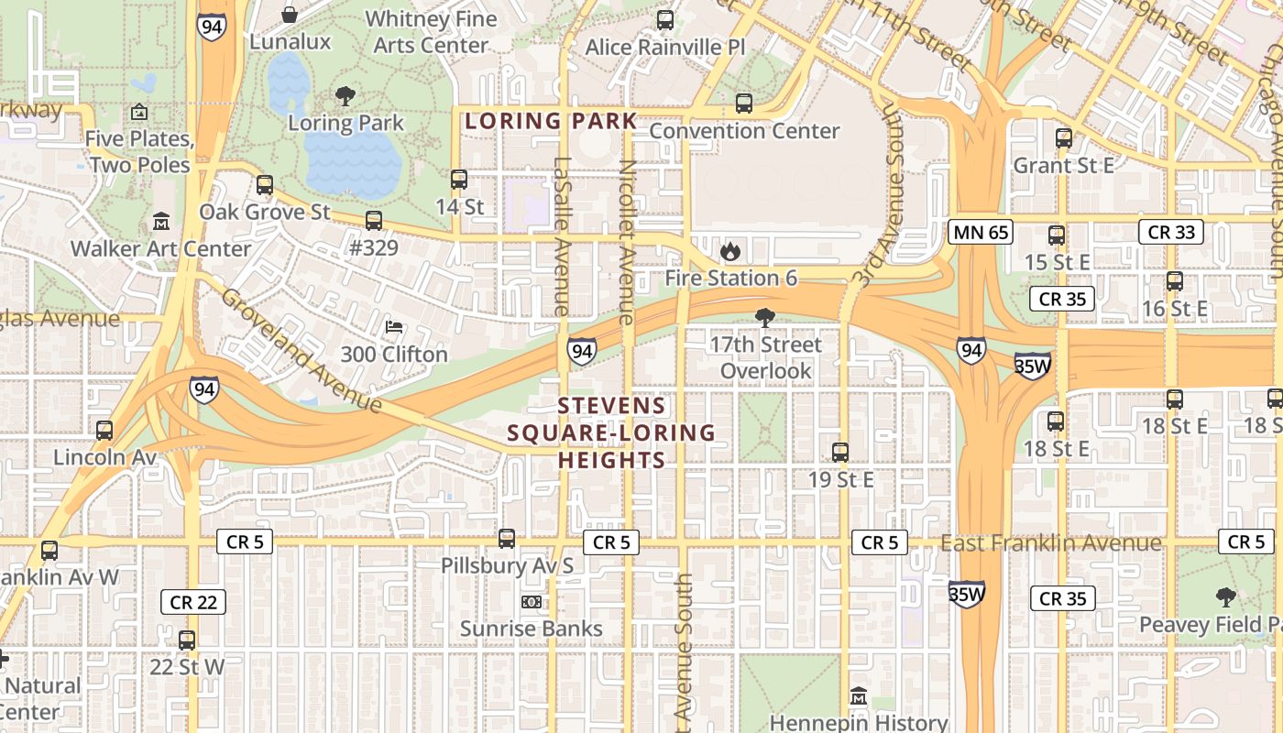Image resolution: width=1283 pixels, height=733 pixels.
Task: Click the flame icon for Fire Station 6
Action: click(729, 251)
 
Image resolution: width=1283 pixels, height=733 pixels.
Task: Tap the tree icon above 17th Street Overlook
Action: click(764, 318)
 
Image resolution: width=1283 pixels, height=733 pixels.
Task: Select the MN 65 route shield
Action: click(980, 232)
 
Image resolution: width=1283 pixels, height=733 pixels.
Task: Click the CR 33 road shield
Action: click(1170, 232)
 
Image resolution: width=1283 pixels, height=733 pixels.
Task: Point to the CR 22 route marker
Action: click(192, 602)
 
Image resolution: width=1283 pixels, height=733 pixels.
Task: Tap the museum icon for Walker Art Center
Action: click(161, 222)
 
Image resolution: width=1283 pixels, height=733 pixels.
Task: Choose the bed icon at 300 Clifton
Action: click(394, 327)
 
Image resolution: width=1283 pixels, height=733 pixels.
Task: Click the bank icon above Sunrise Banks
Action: click(531, 602)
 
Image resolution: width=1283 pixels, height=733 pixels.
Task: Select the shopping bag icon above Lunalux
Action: click(290, 15)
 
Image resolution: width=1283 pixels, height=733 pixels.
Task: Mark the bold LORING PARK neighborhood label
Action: click(550, 121)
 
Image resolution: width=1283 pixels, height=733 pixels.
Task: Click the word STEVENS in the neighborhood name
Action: click(611, 406)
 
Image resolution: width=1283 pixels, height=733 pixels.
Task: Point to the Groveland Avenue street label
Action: click(301, 350)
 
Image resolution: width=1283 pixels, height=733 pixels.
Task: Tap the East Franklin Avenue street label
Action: click(1051, 543)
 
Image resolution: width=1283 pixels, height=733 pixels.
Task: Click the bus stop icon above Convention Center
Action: click(743, 104)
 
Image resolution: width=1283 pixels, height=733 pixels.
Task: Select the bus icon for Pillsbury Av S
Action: click(507, 539)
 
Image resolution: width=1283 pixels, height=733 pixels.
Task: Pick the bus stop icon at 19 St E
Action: click(839, 452)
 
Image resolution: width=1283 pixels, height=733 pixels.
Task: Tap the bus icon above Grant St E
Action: click(1063, 138)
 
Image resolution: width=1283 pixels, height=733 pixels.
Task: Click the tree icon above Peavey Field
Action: click(1225, 597)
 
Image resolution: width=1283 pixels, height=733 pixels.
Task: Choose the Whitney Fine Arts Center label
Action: click(431, 31)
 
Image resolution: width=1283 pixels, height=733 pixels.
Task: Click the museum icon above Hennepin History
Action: click(858, 696)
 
